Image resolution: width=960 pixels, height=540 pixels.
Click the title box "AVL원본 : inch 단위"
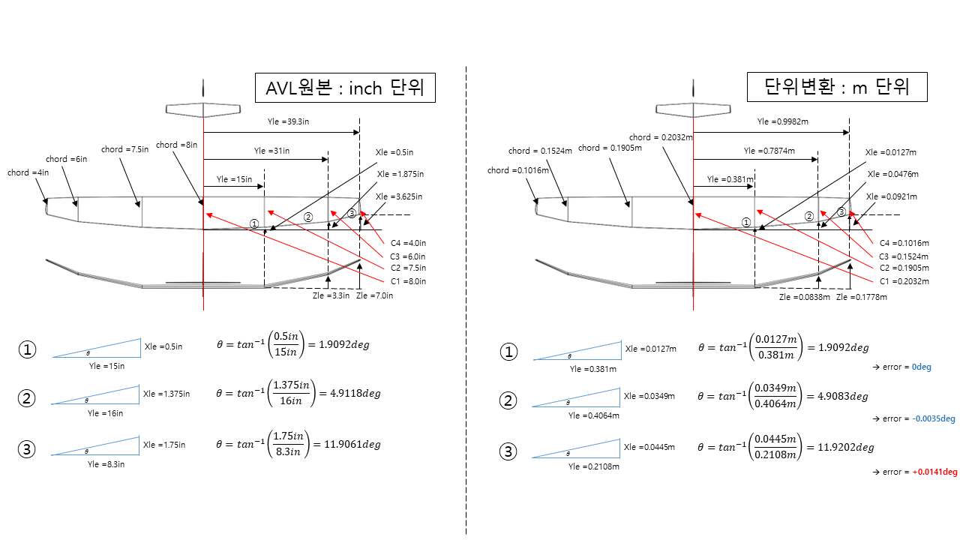346,88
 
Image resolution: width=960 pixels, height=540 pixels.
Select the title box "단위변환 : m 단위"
837,87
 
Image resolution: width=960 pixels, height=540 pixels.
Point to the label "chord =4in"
28,172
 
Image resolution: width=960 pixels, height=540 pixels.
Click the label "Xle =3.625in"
399,196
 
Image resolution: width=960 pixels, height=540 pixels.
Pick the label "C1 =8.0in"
408,281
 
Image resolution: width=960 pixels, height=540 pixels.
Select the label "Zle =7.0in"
374,295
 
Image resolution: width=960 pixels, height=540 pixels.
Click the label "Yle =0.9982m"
783,121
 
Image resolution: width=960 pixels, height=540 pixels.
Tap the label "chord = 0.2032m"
660,137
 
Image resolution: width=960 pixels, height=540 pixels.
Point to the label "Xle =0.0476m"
892,174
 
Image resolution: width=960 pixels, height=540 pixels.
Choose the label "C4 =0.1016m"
904,243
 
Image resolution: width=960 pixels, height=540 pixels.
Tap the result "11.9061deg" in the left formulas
352,445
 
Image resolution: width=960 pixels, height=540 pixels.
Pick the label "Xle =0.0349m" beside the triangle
649,395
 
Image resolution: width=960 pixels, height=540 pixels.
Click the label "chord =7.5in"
124,149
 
